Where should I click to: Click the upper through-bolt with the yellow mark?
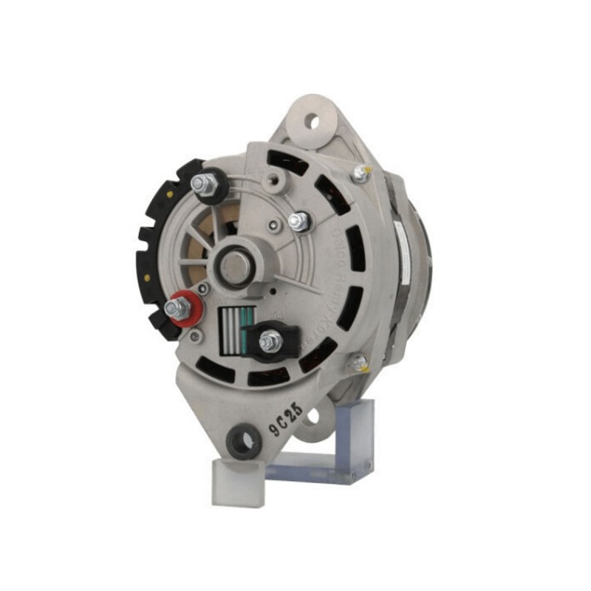[x=360, y=173]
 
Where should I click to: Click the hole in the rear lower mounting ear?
[x=312, y=417]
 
